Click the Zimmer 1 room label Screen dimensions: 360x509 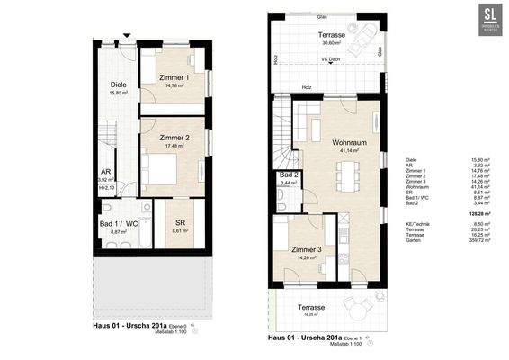tap(174, 77)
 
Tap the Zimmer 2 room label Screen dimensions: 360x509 tap(174, 138)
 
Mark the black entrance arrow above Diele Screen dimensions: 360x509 tap(128, 35)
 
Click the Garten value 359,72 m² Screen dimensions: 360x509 tap(467, 242)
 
